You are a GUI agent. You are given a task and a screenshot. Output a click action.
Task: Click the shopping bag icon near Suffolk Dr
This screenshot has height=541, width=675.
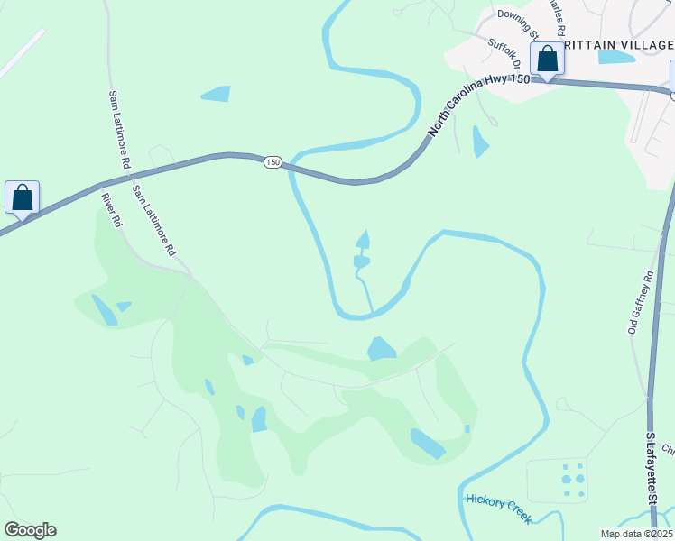click(x=547, y=60)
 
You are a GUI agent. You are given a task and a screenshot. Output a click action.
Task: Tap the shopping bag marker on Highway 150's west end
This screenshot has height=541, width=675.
click(x=22, y=197)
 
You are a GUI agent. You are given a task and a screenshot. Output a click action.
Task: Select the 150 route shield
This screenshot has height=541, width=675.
click(x=273, y=162)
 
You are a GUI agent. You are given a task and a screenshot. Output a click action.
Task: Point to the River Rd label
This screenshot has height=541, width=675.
click(x=112, y=210)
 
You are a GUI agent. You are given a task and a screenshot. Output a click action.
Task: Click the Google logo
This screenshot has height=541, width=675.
click(x=30, y=530)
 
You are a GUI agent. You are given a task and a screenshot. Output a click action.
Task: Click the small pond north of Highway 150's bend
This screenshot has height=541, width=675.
click(x=216, y=93)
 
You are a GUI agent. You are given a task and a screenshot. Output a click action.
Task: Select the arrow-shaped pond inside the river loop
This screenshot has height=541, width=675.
click(x=363, y=240)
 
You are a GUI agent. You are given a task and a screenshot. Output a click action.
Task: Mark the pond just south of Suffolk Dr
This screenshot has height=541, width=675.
click(x=480, y=142)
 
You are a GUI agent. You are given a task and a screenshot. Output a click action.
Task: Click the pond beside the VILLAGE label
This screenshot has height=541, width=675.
click(x=615, y=58)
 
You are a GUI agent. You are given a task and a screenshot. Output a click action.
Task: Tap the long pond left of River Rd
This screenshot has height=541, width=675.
click(x=104, y=310)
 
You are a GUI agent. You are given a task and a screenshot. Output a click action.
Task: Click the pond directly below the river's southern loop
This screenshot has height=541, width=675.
click(x=381, y=348)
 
